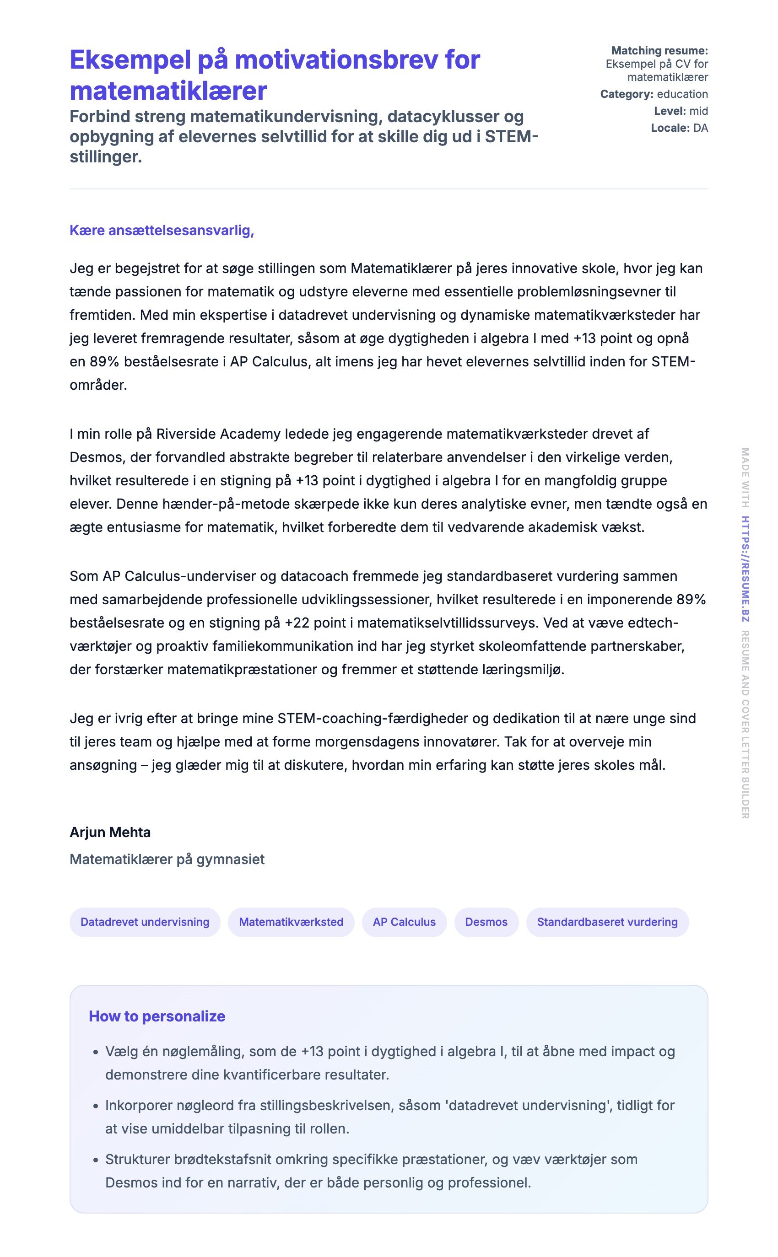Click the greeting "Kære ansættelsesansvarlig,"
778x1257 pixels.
(x=162, y=231)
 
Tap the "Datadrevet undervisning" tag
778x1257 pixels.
(x=145, y=922)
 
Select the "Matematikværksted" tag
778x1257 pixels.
(x=291, y=922)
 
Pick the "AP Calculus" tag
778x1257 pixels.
(x=404, y=922)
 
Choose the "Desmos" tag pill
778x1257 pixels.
(x=486, y=922)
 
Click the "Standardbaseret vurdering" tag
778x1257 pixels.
(x=607, y=922)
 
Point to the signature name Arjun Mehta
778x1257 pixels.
(x=110, y=832)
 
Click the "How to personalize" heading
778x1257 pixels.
(x=157, y=1016)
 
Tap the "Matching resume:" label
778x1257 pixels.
(x=659, y=50)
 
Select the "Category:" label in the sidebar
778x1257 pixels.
(x=626, y=94)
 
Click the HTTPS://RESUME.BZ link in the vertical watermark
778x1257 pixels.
(x=745, y=569)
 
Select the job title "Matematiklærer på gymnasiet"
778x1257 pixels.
(x=167, y=859)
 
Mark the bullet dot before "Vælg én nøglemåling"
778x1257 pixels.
(x=95, y=1052)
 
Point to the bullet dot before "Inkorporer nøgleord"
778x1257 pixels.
(x=95, y=1107)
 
